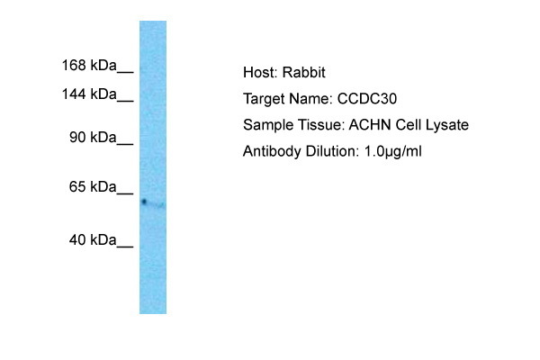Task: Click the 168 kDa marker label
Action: (x=89, y=65)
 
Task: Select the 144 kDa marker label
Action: (x=89, y=94)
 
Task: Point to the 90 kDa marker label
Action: (x=93, y=137)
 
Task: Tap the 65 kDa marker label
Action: (x=93, y=186)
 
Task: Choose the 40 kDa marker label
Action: (x=93, y=239)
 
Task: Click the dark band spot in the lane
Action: (x=144, y=202)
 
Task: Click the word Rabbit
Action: (x=304, y=72)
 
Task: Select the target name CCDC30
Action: (x=367, y=99)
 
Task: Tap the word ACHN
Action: (x=370, y=125)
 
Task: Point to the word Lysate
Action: (x=447, y=125)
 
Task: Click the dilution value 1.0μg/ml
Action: (x=392, y=151)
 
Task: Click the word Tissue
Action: (x=321, y=125)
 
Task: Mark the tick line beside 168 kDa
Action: (x=125, y=72)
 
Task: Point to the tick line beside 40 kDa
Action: (x=125, y=247)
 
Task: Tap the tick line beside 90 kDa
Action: (x=125, y=144)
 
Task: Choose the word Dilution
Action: (x=332, y=151)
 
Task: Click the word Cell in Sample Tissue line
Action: (x=409, y=125)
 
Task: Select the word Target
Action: (x=264, y=99)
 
